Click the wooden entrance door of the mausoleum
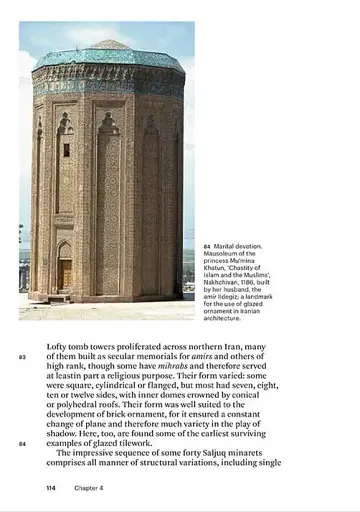coord(65,273)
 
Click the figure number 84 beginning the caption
coord(206,245)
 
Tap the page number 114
coord(51,488)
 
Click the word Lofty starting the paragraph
coord(60,347)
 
